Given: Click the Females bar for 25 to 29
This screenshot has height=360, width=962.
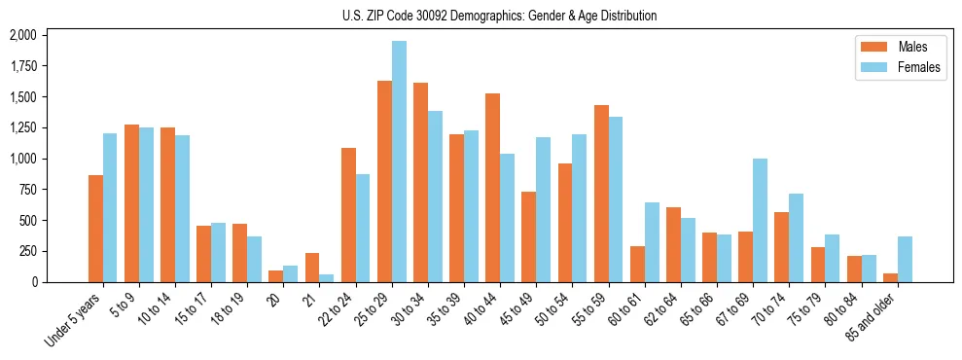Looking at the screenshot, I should pos(399,162).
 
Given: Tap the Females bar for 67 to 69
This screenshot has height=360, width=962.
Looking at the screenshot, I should pos(760,220).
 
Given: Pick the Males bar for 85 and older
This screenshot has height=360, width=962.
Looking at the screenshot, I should pos(890,277).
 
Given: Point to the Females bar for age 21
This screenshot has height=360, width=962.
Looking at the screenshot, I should pos(327,278).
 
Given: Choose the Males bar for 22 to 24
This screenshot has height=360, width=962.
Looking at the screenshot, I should pos(348,215).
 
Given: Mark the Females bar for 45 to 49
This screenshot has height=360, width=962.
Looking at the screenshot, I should pos(543,209).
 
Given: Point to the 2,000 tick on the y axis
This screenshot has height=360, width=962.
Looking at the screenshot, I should pos(22,35).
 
